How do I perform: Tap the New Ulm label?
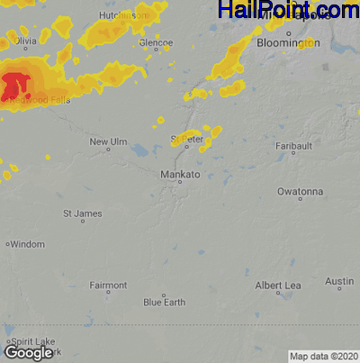pyautogui.click(x=110, y=142)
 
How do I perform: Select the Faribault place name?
pyautogui.click(x=293, y=145)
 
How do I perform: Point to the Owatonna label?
pyautogui.click(x=300, y=192)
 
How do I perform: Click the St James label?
pyautogui.click(x=82, y=213)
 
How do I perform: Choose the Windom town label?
pyautogui.click(x=27, y=244)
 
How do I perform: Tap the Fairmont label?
pyautogui.click(x=108, y=286)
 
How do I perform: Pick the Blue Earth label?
pyautogui.click(x=164, y=302)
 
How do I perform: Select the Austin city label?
pyautogui.click(x=339, y=282)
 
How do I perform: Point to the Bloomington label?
pyautogui.click(x=288, y=42)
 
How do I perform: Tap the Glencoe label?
pyautogui.click(x=156, y=42)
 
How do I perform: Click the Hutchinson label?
pyautogui.click(x=122, y=16)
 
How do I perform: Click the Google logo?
pyautogui.click(x=29, y=353)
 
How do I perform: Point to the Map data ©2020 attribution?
pyautogui.click(x=323, y=356)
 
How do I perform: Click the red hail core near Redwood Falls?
pyautogui.click(x=13, y=87)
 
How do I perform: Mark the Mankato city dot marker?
pyautogui.click(x=179, y=182)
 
